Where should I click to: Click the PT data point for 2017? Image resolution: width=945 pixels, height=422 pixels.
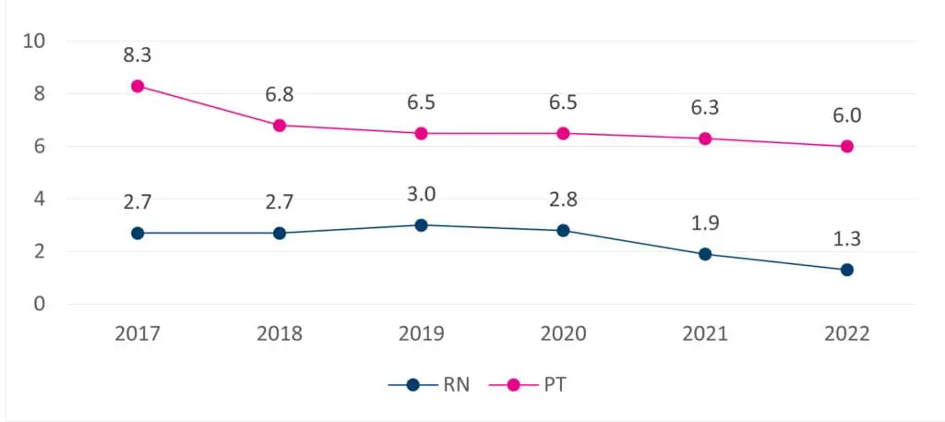138,86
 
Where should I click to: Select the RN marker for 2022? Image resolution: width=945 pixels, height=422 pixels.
847,270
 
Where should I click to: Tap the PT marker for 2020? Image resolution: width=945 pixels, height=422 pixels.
563,133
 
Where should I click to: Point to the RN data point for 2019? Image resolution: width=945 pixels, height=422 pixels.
421,225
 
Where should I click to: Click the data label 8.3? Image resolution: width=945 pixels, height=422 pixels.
138,55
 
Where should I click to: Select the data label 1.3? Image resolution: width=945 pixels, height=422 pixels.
847,239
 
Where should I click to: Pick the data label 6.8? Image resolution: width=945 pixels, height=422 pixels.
279,95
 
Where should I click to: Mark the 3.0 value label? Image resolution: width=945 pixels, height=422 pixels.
421,195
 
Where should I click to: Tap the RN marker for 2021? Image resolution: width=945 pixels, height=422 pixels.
705,254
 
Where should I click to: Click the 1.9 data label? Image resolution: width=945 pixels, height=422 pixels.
705,223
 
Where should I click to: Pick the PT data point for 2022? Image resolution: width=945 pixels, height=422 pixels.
847,147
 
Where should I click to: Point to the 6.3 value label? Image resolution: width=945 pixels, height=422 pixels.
705,108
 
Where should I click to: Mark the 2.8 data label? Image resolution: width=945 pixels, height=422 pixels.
563,199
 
